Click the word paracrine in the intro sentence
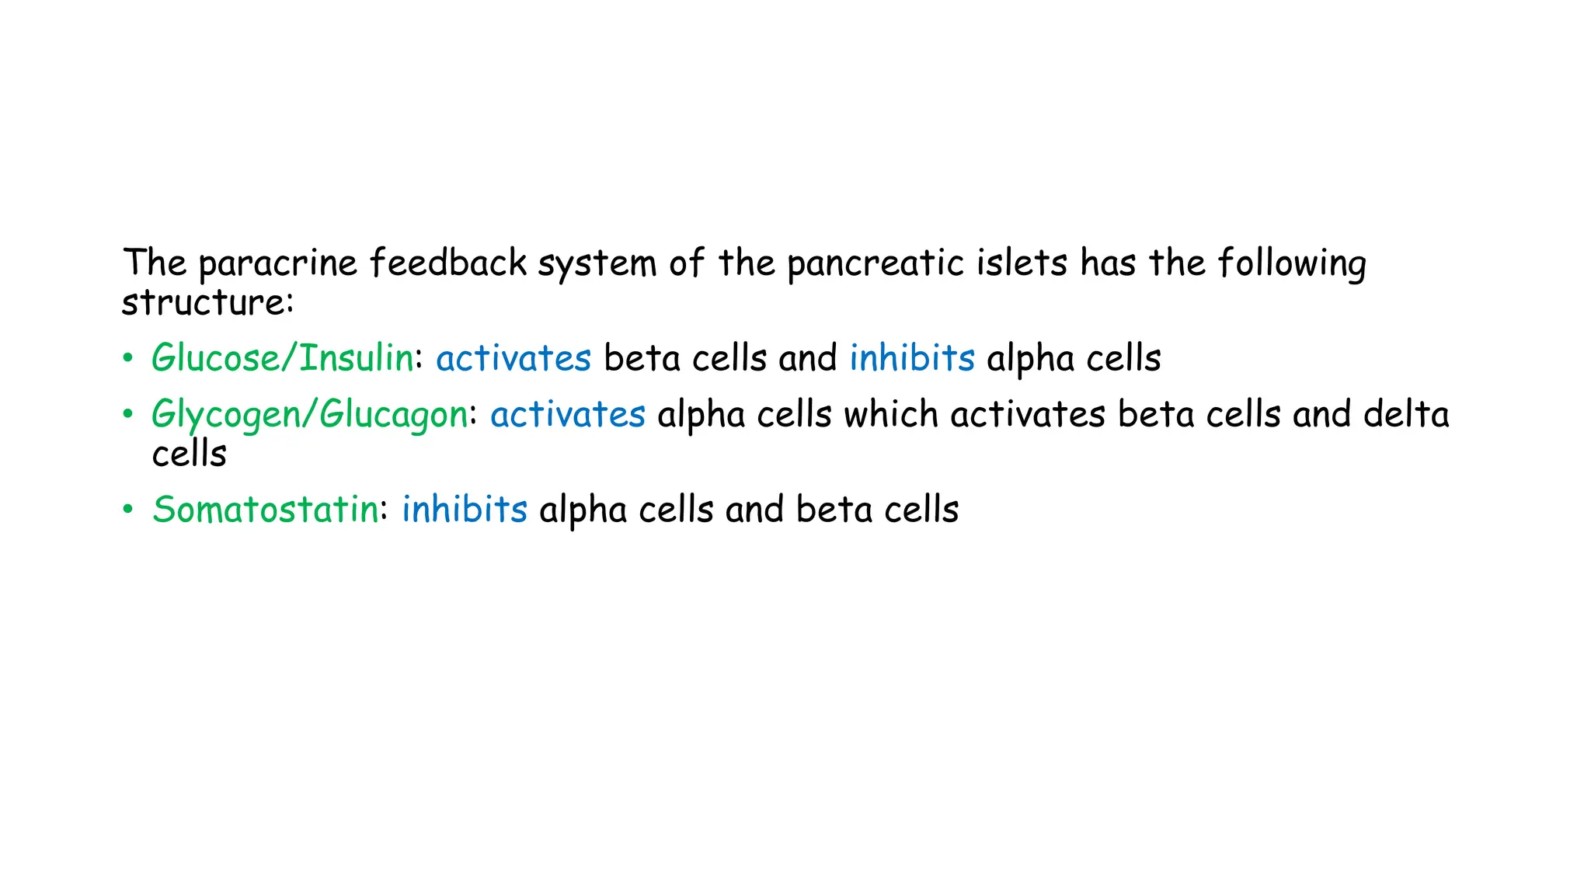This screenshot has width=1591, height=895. click(277, 264)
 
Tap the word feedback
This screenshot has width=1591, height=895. click(448, 262)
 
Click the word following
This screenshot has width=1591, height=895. click(1292, 264)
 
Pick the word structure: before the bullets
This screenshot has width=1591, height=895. click(207, 301)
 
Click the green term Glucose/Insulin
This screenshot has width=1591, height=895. click(283, 358)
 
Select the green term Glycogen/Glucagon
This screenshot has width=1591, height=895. click(310, 415)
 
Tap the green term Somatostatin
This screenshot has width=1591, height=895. click(266, 510)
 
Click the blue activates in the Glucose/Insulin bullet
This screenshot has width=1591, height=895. click(514, 358)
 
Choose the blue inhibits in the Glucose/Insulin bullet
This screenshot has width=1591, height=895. click(912, 357)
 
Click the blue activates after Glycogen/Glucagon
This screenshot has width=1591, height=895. click(568, 414)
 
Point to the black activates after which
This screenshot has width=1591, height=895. click(1028, 414)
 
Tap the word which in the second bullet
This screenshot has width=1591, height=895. click(891, 413)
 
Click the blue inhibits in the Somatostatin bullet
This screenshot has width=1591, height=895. click(465, 509)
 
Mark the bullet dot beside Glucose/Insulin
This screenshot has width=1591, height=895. click(128, 359)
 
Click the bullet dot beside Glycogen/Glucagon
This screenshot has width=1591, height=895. click(128, 415)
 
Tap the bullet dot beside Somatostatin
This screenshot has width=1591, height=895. click(128, 510)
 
